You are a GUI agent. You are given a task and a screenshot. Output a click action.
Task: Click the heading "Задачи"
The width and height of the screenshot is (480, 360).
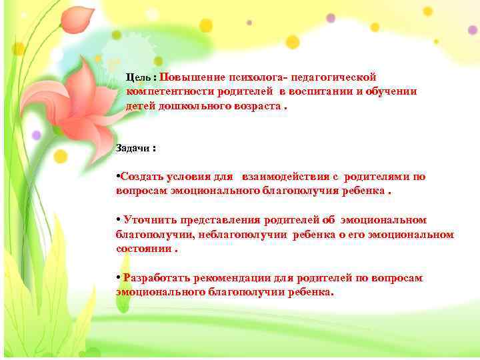(x=132, y=148)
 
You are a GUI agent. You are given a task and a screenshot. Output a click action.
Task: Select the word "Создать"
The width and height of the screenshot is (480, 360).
(x=139, y=177)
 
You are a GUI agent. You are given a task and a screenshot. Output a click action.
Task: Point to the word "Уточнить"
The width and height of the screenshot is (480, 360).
(x=147, y=220)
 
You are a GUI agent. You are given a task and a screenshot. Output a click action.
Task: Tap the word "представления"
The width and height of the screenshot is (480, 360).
(x=218, y=220)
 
